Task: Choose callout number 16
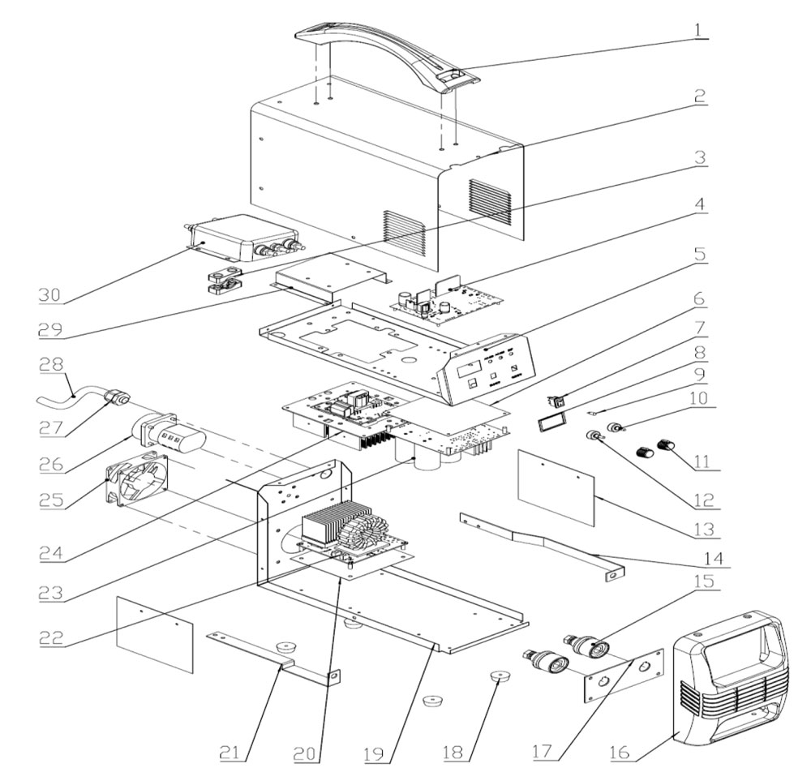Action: pos(620,751)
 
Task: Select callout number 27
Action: pos(50,427)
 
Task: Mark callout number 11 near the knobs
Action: pos(701,461)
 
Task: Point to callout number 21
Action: pos(230,753)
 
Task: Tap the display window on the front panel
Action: pos(468,369)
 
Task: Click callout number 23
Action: pos(50,592)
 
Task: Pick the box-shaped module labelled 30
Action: pos(243,238)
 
